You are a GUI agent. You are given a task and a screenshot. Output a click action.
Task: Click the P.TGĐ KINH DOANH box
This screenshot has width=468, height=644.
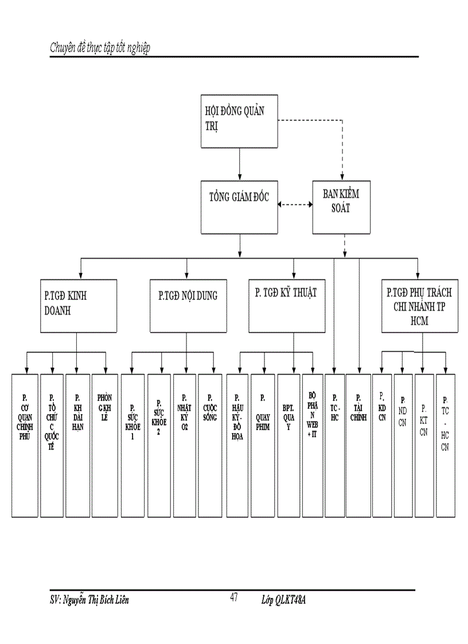79,306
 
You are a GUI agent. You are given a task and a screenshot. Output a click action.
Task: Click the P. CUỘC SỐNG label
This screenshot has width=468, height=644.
210,407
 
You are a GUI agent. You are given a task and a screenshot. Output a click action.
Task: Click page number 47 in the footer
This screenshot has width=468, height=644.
233,598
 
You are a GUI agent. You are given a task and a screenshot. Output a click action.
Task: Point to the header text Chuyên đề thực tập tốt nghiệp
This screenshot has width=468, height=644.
100,48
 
